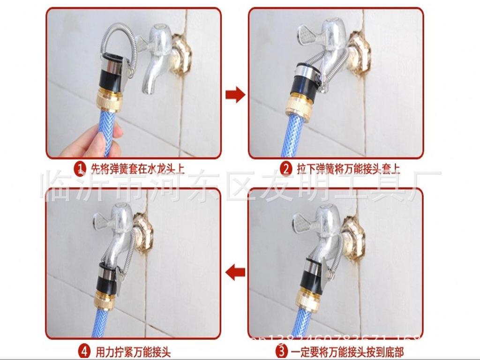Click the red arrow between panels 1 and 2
(x=235, y=95)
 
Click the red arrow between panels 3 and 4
(x=235, y=272)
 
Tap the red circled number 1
(x=81, y=167)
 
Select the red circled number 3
(x=281, y=350)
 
